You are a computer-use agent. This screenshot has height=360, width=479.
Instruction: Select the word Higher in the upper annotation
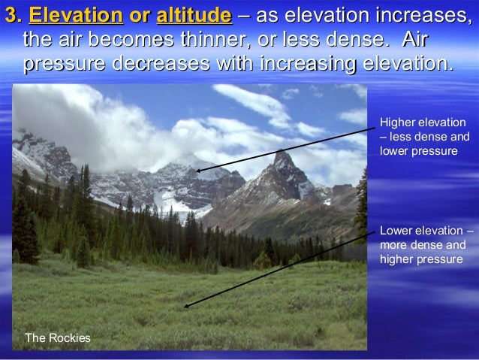click(x=397, y=123)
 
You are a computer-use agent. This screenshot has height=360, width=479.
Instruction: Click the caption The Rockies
click(x=58, y=338)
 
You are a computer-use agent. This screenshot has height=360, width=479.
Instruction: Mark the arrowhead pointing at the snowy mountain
click(x=197, y=171)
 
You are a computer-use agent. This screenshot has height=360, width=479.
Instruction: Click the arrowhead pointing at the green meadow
click(x=185, y=306)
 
